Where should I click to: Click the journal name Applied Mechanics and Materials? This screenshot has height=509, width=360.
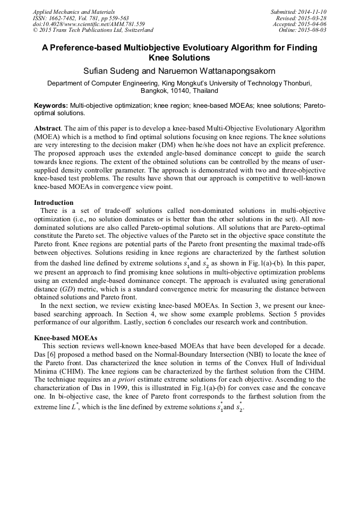point(73,12)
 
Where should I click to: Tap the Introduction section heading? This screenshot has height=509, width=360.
point(54,202)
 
